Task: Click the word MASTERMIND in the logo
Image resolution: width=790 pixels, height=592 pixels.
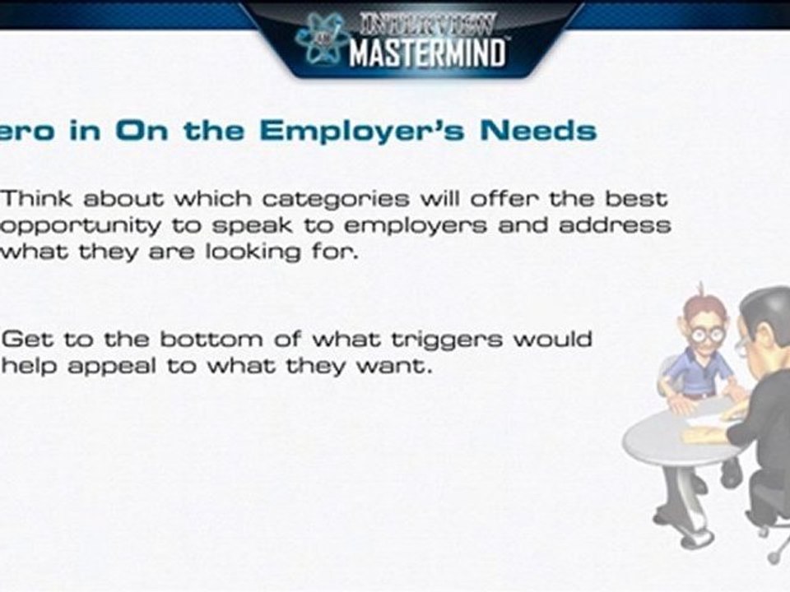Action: coord(426,53)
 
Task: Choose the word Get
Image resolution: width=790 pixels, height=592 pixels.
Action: coord(26,340)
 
